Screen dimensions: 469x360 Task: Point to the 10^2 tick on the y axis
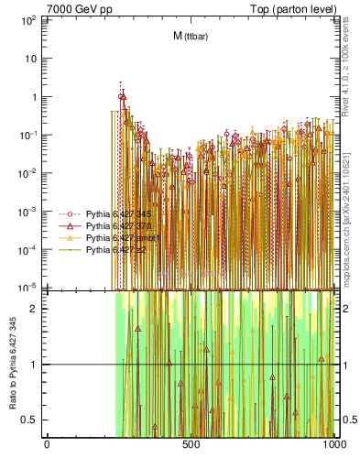[29, 19]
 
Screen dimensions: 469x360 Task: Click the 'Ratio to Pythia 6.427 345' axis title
[12, 363]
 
